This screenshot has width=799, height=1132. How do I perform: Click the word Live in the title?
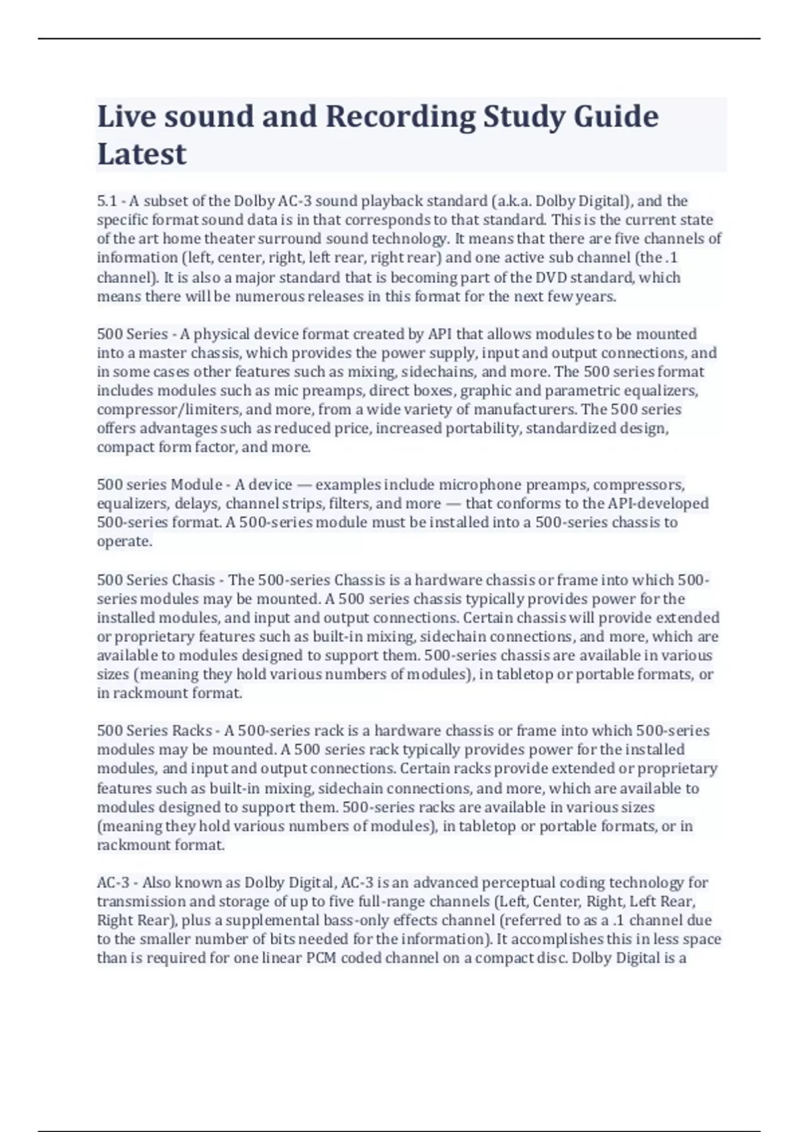click(x=126, y=117)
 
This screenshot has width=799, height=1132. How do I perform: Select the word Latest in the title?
click(x=142, y=154)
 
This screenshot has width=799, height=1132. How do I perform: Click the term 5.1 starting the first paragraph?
click(x=107, y=201)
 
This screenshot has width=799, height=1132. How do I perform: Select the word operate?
click(x=124, y=541)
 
